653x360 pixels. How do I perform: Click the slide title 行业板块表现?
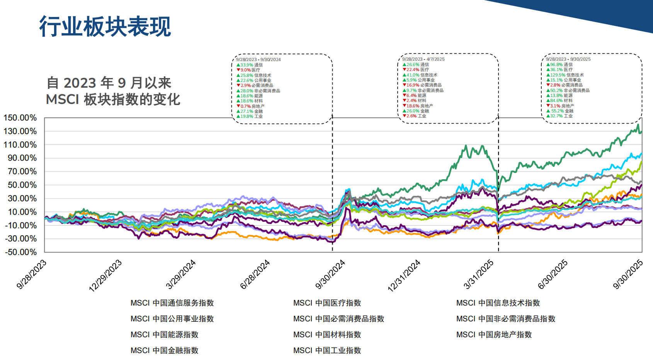point(105,27)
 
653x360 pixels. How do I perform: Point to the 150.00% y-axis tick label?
point(20,118)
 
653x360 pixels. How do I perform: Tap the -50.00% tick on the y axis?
point(20,252)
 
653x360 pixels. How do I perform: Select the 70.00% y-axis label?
point(22,172)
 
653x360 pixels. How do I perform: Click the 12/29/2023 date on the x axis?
point(105,275)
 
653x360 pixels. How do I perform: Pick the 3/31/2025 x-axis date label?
point(478,274)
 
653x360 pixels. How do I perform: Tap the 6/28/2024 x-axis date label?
point(255,275)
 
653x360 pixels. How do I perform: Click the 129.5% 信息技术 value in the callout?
point(565,75)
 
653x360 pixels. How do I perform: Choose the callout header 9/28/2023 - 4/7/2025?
point(423,59)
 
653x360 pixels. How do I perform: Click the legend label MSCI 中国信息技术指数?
point(498,303)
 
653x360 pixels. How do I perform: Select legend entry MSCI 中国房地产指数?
point(494,335)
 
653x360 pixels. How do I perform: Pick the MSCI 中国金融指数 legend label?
point(164,351)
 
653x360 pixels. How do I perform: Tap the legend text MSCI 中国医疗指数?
point(327,303)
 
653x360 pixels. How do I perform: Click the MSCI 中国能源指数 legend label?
point(164,335)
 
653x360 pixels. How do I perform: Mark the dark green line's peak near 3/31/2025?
point(466,146)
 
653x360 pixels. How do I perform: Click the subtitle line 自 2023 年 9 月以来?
point(109,83)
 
